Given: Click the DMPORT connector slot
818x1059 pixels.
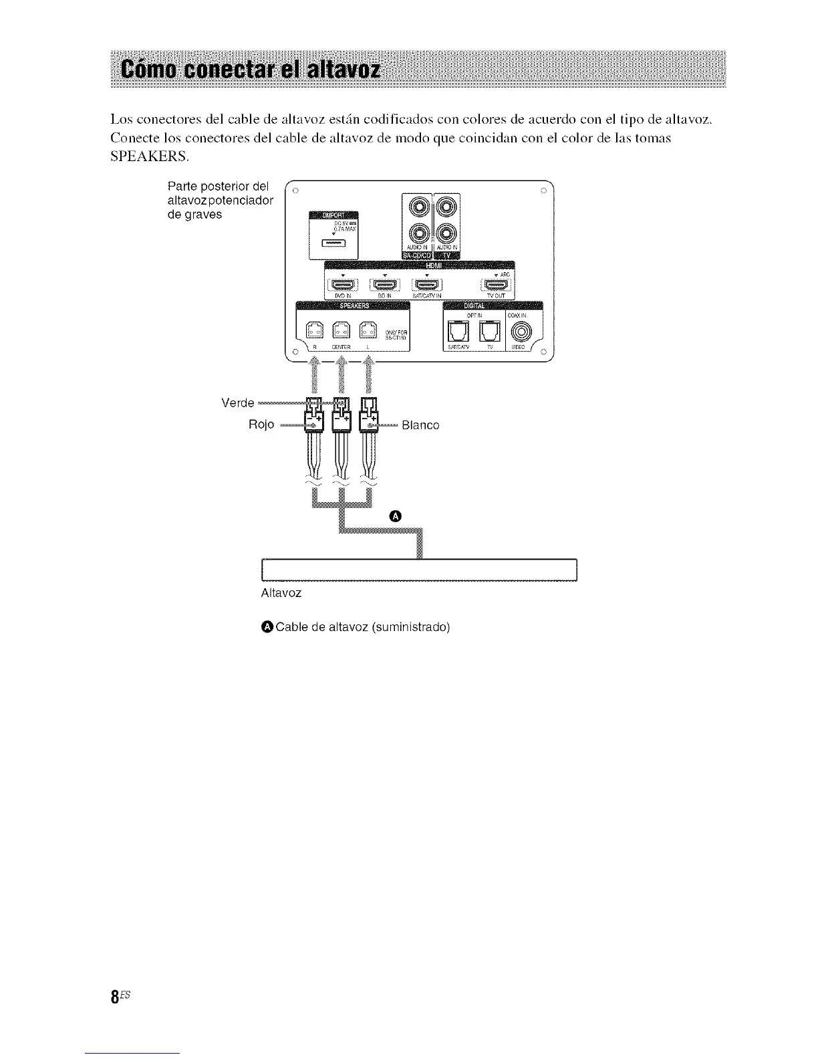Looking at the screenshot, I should [332, 243].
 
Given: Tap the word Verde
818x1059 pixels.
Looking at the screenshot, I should [237, 402].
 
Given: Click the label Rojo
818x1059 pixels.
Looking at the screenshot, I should [261, 425].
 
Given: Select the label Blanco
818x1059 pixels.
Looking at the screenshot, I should [420, 425].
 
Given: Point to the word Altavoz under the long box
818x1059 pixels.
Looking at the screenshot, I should [281, 593].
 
